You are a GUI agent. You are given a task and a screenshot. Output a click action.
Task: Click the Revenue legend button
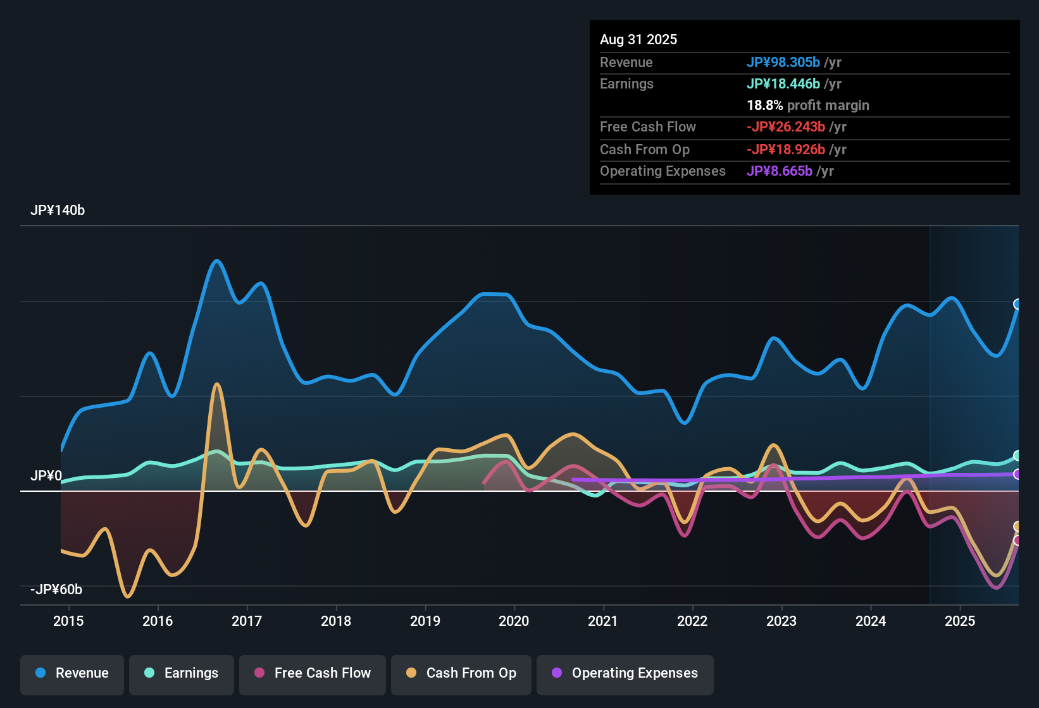(x=72, y=673)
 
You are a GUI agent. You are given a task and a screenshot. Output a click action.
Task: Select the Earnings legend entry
(x=182, y=673)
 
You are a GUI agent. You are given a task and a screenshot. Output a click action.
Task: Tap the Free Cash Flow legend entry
(x=313, y=673)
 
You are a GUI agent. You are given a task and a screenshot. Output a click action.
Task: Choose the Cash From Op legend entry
(x=461, y=673)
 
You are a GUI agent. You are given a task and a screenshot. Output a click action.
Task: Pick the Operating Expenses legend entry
(x=625, y=673)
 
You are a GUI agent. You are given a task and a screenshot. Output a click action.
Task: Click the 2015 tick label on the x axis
(x=68, y=621)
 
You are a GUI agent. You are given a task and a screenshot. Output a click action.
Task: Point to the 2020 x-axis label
(x=514, y=621)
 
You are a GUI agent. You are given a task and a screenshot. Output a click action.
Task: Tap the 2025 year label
(x=960, y=621)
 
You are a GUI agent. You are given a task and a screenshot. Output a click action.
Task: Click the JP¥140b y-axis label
(x=58, y=211)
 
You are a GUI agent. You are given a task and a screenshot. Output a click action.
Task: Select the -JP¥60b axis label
(x=56, y=590)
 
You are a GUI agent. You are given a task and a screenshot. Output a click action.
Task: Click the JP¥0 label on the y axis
(x=46, y=476)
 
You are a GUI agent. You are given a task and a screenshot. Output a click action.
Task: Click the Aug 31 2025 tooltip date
(x=638, y=40)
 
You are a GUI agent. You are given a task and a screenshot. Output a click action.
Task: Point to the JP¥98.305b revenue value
(x=783, y=63)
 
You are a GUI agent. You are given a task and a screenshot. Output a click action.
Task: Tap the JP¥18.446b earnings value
(x=783, y=84)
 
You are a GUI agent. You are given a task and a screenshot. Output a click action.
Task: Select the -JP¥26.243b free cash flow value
(x=786, y=127)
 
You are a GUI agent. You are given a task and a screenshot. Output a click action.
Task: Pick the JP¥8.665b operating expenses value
(x=780, y=171)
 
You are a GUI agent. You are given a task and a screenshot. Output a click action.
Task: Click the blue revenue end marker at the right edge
(x=1017, y=304)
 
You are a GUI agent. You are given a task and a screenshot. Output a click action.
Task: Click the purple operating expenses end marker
(x=1017, y=474)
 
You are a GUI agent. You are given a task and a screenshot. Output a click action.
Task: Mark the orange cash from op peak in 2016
(x=217, y=384)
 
